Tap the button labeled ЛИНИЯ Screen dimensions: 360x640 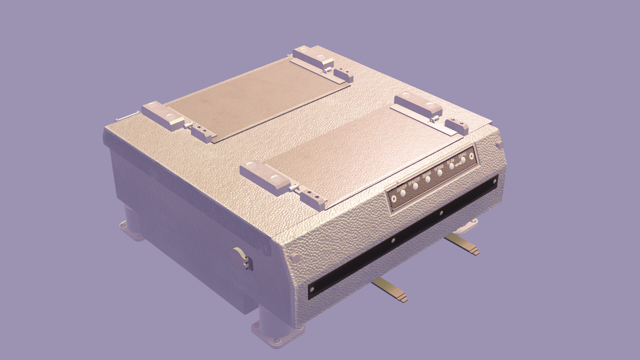pyautogui.click(x=428, y=180)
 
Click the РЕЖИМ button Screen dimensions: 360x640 pyautogui.click(x=440, y=173)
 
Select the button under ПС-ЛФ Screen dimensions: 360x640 pyautogui.click(x=452, y=167)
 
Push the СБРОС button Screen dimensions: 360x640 pyautogui.click(x=463, y=160)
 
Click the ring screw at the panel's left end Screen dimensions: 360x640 pyautogui.click(x=394, y=199)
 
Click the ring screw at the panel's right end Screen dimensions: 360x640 pyautogui.click(x=471, y=156)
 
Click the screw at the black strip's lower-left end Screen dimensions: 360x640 pyautogui.click(x=312, y=289)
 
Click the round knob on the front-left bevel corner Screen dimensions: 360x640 pyautogui.click(x=294, y=257)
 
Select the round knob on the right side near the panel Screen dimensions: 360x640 pyautogui.click(x=499, y=144)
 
